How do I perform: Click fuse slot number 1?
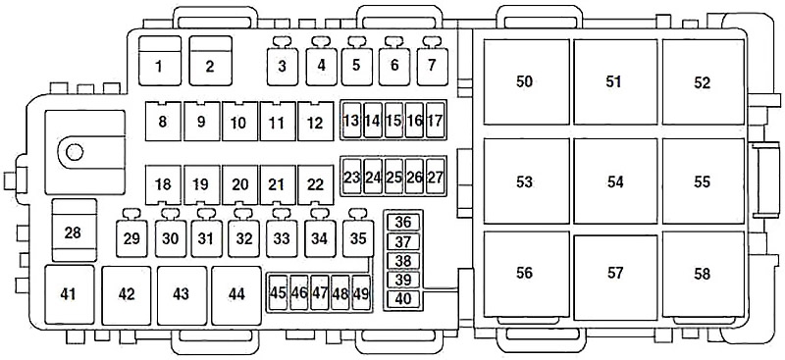pyautogui.click(x=160, y=61)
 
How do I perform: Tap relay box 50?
pyautogui.click(x=526, y=81)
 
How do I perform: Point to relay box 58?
pyautogui.click(x=703, y=274)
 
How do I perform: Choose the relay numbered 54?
pyautogui.click(x=615, y=180)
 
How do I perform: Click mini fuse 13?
pyautogui.click(x=352, y=121)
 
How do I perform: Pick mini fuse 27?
pyautogui.click(x=436, y=178)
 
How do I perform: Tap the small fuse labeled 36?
pyautogui.click(x=403, y=223)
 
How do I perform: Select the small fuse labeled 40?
pyautogui.click(x=403, y=299)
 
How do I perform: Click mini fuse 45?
pyautogui.click(x=278, y=292)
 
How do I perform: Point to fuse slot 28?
pyautogui.click(x=75, y=231)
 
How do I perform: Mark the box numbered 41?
pyautogui.click(x=69, y=295)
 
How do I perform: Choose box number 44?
pyautogui.click(x=236, y=295)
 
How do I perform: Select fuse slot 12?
pyautogui.click(x=315, y=122)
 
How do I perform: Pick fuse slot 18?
pyautogui.click(x=163, y=184)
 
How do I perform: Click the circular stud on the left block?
pyautogui.click(x=75, y=152)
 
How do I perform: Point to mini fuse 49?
pyautogui.click(x=361, y=292)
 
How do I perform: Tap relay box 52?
pyautogui.click(x=703, y=81)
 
